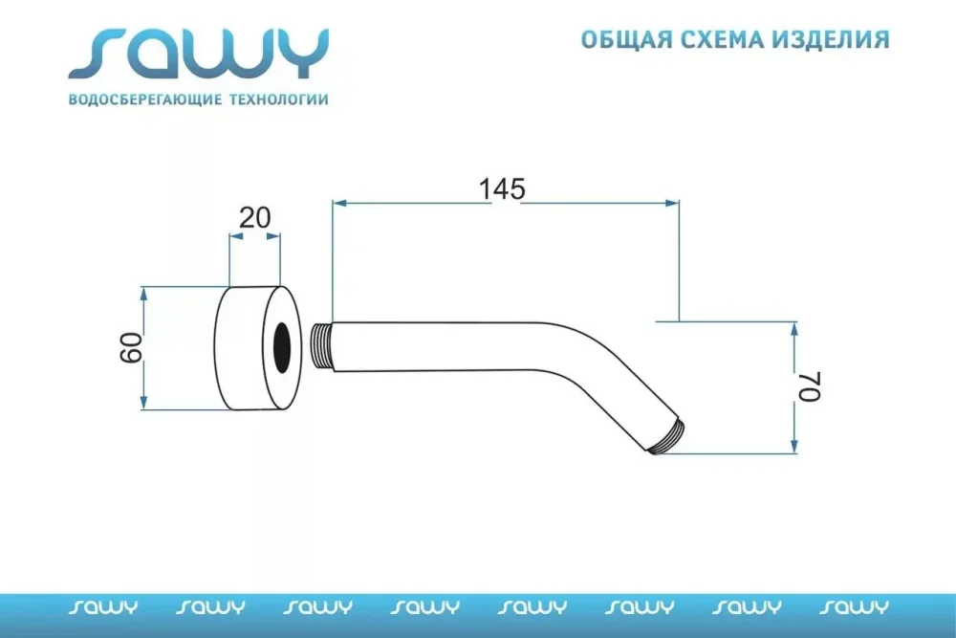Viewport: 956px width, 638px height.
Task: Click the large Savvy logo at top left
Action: click(199, 54)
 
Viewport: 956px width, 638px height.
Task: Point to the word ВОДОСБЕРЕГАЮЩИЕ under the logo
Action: click(145, 99)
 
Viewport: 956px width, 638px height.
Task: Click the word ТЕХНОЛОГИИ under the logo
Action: click(278, 99)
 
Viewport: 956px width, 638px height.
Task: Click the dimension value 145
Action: click(502, 189)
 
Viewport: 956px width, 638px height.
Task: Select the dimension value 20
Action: click(255, 218)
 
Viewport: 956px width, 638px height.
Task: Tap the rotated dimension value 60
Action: click(131, 348)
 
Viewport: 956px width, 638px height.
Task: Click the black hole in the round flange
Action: click(282, 346)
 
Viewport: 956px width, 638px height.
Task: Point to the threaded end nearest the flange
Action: click(321, 346)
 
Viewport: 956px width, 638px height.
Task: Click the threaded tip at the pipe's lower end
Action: click(668, 437)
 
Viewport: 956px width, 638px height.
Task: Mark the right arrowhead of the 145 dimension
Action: click(672, 203)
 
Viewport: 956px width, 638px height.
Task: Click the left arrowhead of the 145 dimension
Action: click(339, 203)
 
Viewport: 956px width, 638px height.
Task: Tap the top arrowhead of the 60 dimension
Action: click(144, 294)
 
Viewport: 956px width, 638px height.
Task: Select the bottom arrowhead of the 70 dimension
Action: click(793, 446)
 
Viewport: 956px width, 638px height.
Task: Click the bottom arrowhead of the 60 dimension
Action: click(144, 402)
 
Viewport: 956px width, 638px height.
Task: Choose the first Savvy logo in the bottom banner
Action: click(103, 606)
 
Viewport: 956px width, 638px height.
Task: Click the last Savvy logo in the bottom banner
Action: click(854, 606)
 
